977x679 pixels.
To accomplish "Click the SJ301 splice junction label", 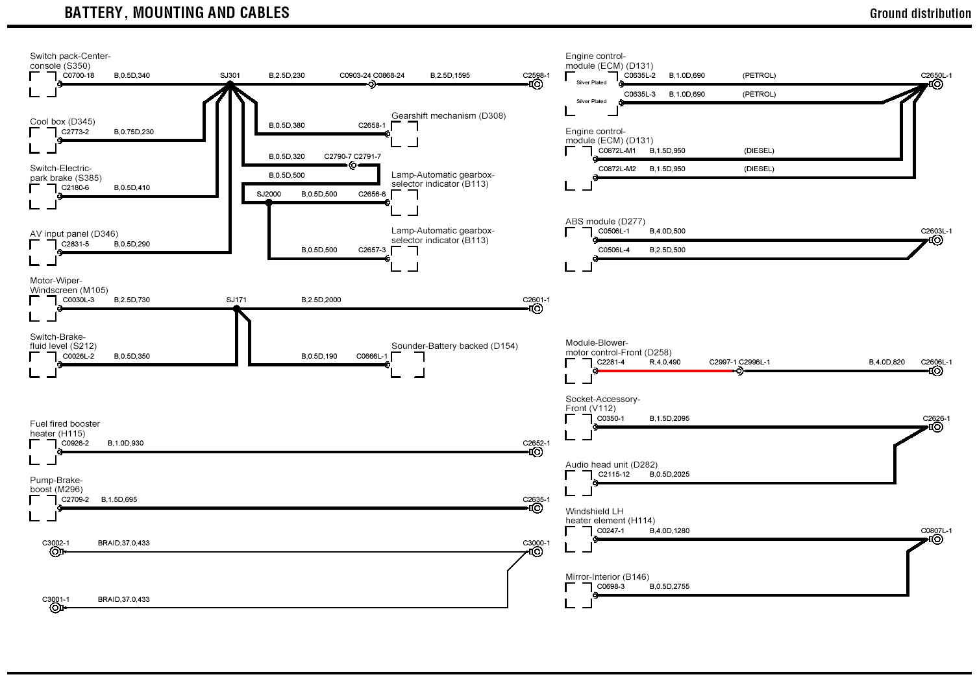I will coord(230,76).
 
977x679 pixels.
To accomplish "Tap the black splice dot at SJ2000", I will coord(269,203).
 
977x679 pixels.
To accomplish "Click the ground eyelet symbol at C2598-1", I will coord(537,84).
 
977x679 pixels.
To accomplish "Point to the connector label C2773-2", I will coord(75,132).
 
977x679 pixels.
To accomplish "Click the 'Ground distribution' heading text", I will coord(920,14).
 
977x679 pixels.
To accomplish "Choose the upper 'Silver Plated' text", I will coord(591,82).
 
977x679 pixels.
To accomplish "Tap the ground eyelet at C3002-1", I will coord(56,552).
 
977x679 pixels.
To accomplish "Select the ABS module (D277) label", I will coord(605,222).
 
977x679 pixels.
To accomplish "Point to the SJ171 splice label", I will coord(236,300).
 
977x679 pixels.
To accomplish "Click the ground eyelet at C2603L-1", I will coord(936,240).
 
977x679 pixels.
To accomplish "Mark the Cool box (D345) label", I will coord(62,122).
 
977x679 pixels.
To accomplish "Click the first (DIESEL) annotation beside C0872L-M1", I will coord(759,151).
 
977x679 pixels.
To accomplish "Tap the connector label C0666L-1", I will coord(372,356).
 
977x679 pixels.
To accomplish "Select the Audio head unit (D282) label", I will coord(611,465).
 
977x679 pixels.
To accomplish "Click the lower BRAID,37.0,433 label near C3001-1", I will coord(123,599).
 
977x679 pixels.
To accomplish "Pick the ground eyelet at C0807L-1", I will coord(936,540).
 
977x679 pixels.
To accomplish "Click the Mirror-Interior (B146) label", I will coord(607,577).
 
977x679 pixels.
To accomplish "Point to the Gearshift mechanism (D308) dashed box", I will coord(404,134).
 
